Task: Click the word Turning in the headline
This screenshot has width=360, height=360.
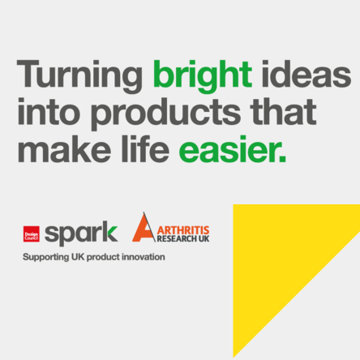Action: coord(79,75)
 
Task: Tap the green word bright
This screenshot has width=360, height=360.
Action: coord(203,75)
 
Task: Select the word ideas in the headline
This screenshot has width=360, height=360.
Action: coord(306,74)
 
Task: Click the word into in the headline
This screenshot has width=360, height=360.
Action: coord(49,111)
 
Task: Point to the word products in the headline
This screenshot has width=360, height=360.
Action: coord(165,114)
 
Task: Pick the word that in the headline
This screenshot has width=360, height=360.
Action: coord(283,111)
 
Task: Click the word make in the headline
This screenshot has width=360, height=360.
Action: coord(64,148)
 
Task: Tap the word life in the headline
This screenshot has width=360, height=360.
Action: coord(145,148)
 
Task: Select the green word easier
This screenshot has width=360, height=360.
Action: coord(229,149)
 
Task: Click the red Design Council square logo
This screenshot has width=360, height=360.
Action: coord(32,234)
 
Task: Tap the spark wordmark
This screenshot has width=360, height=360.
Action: coord(81,234)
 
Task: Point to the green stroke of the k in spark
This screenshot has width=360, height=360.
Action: coord(113,234)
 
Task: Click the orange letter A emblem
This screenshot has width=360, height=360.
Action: coord(144,228)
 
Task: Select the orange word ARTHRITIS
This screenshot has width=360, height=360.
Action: coord(183,230)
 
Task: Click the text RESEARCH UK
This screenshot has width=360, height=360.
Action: coord(183,239)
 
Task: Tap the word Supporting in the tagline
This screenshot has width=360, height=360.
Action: coord(46,257)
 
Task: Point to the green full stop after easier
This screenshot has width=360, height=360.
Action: coord(283,160)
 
